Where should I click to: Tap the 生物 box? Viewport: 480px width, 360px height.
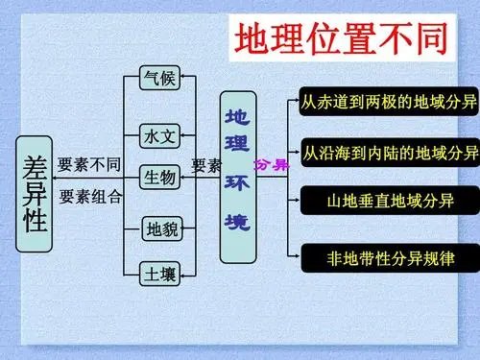tap(159, 177)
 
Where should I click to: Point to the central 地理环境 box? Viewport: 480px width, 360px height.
tap(238, 177)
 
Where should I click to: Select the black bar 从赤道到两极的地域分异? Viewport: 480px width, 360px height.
tap(389, 101)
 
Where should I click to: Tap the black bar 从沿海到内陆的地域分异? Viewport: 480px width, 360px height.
tap(389, 153)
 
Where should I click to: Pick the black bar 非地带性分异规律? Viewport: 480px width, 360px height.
tap(389, 256)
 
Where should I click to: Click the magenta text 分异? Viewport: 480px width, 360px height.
tap(273, 164)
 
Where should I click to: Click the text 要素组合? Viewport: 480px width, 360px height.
tap(89, 197)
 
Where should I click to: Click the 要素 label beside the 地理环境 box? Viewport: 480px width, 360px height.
tap(206, 165)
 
